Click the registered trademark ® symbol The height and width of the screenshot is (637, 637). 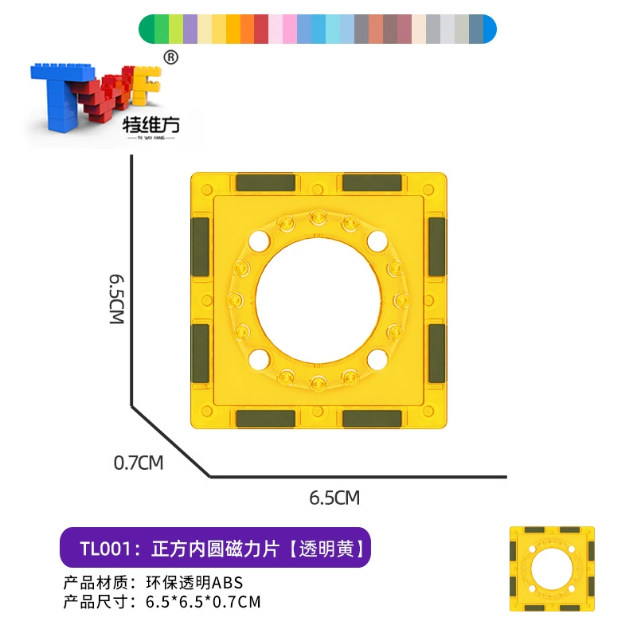(x=170, y=57)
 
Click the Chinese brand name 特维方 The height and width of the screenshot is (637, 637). (x=151, y=125)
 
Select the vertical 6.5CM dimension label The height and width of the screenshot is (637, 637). (x=117, y=299)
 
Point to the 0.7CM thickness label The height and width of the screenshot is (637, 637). (x=139, y=463)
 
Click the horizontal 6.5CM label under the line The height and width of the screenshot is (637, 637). (x=334, y=498)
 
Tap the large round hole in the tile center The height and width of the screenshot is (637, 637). (x=318, y=301)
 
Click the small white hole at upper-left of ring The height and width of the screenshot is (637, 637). (x=260, y=241)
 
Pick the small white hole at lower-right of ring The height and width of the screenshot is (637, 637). (x=377, y=360)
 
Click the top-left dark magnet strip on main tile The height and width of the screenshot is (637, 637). (x=265, y=183)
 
